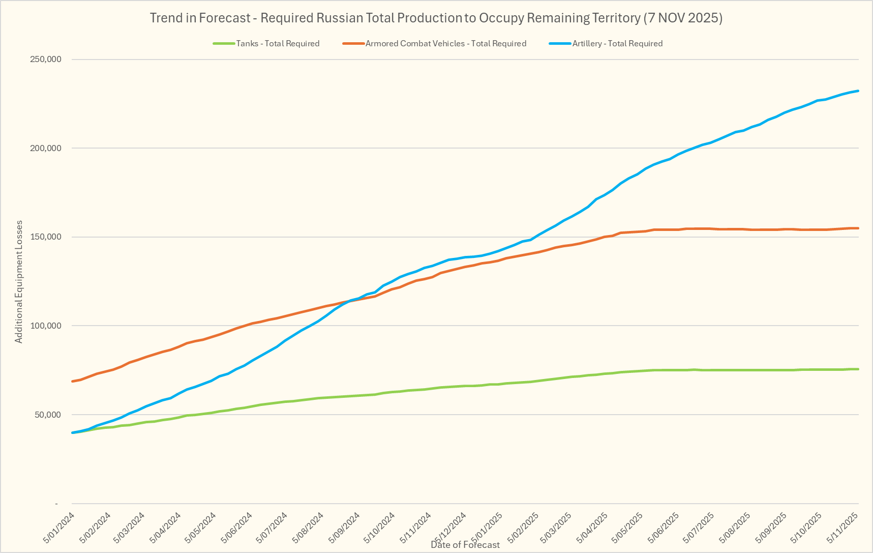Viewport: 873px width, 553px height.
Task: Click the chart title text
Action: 436,18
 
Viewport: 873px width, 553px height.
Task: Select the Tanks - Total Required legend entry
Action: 277,44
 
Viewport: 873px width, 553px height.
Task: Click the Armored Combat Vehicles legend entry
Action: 445,44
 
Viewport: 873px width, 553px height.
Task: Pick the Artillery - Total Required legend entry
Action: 617,44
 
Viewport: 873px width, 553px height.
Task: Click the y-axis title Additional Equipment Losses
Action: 19,281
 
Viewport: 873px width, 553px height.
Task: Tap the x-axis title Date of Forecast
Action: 465,545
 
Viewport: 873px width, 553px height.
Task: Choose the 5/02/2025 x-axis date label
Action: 522,529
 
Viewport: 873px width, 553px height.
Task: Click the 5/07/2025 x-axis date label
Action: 700,529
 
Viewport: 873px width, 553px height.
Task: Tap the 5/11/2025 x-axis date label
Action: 843,529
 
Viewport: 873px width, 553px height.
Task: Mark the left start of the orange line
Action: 73,381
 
